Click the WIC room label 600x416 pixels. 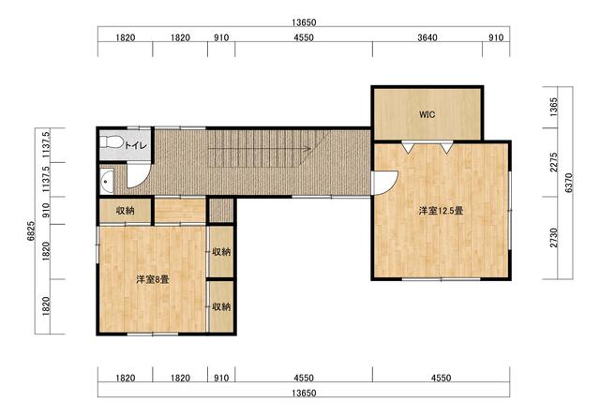pos(427,114)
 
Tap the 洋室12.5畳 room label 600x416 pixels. pos(441,211)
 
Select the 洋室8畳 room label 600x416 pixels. pos(152,280)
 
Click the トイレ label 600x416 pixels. pos(136,145)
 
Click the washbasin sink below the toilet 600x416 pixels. pos(107,182)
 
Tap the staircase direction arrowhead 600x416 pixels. pos(307,149)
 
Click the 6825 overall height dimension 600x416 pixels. pos(31,230)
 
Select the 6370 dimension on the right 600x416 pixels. pos(569,183)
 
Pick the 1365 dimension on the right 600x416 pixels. pos(554,107)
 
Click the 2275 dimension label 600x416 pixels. pos(554,162)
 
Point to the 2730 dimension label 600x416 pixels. pos(554,237)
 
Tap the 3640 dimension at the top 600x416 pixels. pos(427,37)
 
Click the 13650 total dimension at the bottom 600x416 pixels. pos(304,394)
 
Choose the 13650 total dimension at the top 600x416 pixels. pos(304,22)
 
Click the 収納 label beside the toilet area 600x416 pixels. pos(125,210)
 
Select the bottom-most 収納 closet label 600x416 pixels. pos(221,306)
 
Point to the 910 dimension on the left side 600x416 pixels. pos(46,210)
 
